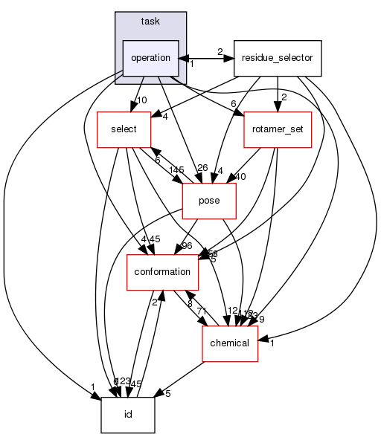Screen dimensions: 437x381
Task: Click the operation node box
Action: point(151,57)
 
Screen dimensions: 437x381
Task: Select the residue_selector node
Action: point(277,57)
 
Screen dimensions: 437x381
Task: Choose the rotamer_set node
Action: point(277,129)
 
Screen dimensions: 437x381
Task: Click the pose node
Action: point(209,200)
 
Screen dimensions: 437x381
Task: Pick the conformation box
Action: point(162,271)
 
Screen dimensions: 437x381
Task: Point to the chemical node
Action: point(231,343)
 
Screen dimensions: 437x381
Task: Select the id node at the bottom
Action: point(128,415)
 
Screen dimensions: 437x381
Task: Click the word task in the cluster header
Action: point(150,22)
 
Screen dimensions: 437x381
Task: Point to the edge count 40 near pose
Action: point(240,177)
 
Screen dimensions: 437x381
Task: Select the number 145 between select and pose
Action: point(176,171)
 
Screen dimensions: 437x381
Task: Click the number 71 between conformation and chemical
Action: point(200,308)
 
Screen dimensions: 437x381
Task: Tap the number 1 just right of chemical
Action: point(273,344)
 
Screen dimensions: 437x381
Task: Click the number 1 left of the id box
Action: point(93,386)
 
